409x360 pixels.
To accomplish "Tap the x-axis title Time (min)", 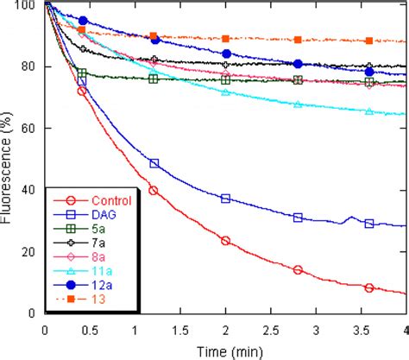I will pyautogui.click(x=223, y=350).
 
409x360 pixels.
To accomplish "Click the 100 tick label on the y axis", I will pyautogui.click(x=25, y=5).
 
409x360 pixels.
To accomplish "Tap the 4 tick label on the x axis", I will pyautogui.click(x=404, y=329).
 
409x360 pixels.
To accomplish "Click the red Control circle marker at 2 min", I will pyautogui.click(x=225, y=241).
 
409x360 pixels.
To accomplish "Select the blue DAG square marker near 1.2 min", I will pyautogui.click(x=154, y=163).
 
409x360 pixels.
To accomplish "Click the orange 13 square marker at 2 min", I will pyautogui.click(x=225, y=39).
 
